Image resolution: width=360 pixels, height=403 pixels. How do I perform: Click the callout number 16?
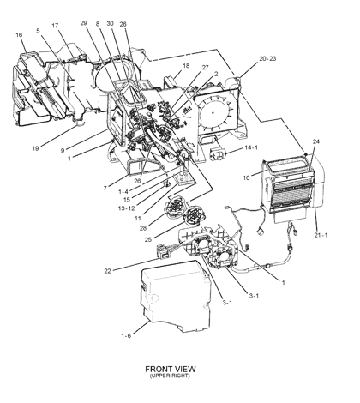pos(19,35)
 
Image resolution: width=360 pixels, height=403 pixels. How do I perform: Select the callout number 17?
pos(54,27)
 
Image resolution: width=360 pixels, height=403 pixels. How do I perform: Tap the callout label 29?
pos(84,23)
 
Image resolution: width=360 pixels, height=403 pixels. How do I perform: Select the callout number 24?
pos(315,141)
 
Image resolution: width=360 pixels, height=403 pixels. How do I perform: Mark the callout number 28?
pos(142,228)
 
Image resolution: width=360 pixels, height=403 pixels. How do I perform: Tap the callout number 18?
pos(185,65)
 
